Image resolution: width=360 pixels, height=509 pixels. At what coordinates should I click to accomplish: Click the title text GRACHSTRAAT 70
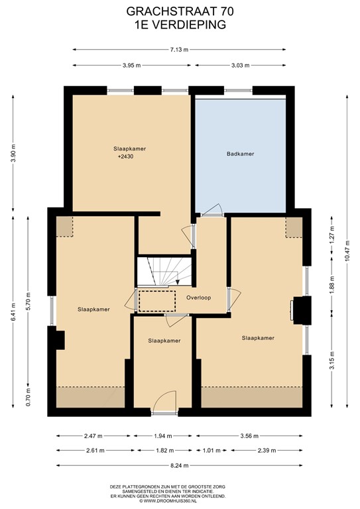[180, 12]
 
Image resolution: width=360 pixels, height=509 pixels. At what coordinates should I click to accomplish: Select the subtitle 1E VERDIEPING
[180, 24]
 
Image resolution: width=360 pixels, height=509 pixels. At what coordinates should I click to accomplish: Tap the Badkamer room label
[240, 154]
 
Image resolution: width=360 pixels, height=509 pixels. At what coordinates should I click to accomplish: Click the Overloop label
[198, 298]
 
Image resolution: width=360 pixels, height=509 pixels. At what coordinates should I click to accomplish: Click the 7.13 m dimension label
[179, 49]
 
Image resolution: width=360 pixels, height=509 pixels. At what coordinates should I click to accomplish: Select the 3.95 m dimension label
[133, 65]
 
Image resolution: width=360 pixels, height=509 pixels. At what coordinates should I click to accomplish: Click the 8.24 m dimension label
[179, 466]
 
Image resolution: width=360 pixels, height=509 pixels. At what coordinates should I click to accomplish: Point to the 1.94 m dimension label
[162, 436]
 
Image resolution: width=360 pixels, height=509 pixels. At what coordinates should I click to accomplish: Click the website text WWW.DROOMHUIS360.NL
[180, 500]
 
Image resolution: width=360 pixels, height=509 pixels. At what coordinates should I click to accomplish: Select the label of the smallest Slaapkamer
[164, 341]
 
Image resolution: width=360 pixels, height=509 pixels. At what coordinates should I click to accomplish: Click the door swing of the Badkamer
[211, 210]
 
